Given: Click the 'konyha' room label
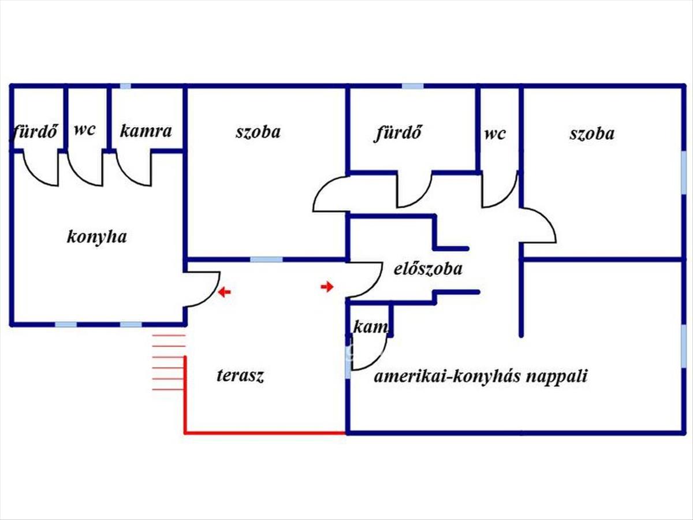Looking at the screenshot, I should [97, 237].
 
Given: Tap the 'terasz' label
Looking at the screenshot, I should [240, 376].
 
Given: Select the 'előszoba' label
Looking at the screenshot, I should [428, 269].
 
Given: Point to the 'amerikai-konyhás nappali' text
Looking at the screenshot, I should [480, 377].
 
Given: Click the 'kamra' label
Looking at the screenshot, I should [146, 131].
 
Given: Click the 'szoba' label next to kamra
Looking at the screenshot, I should [258, 132].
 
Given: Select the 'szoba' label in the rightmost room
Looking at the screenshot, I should [592, 134].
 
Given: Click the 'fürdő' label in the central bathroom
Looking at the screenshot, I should [399, 133].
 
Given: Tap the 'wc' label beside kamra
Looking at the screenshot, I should [84, 129].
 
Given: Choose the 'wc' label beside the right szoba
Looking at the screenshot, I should [495, 134].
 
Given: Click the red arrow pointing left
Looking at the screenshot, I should [224, 292].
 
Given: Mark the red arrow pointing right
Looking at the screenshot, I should [327, 287].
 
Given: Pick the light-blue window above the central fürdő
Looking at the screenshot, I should [412, 86].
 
